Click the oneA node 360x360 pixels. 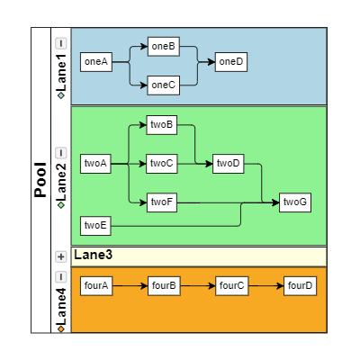click(x=94, y=61)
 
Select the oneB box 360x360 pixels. click(x=163, y=45)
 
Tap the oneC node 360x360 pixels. click(x=163, y=85)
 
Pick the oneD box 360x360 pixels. click(x=230, y=61)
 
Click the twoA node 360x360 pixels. click(x=94, y=163)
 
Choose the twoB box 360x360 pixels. click(x=162, y=123)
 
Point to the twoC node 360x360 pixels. click(x=162, y=163)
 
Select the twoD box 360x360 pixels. click(x=229, y=163)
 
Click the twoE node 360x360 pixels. click(x=94, y=224)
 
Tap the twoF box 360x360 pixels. click(x=162, y=202)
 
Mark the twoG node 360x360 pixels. click(x=295, y=202)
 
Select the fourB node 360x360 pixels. click(x=163, y=285)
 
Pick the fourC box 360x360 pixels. click(x=230, y=285)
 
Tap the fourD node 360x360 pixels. click(x=299, y=285)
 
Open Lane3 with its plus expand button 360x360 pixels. click(x=60, y=256)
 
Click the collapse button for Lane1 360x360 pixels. click(x=60, y=42)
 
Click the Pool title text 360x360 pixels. click(x=40, y=180)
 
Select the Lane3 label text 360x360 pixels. click(x=93, y=256)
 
